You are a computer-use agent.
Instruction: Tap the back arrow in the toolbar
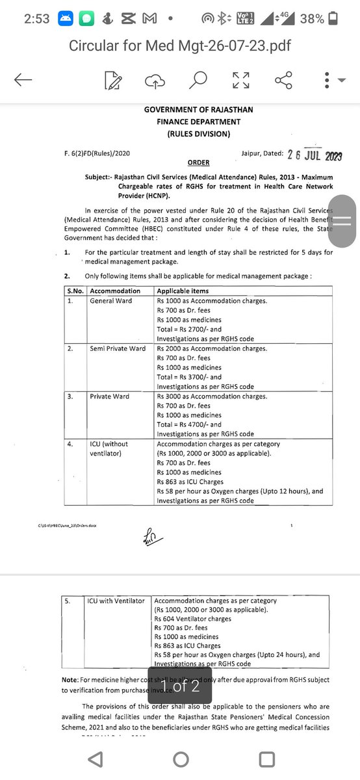pos(23,81)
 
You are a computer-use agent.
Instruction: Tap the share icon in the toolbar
pos(283,81)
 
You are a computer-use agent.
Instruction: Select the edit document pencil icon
pos(113,81)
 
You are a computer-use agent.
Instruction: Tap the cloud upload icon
pos(155,81)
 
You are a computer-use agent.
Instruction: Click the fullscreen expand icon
pos(240,81)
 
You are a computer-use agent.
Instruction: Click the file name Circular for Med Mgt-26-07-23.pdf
pos(179,47)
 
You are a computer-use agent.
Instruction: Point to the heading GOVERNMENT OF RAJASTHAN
pos(198,110)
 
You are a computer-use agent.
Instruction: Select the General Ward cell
pos(110,301)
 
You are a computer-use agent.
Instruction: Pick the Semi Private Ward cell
pos(118,348)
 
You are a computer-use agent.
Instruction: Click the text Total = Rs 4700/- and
pos(189,424)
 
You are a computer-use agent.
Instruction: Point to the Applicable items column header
pos(183,291)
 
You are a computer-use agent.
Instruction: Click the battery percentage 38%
pos(312,19)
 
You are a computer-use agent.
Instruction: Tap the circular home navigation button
pos(180,759)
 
